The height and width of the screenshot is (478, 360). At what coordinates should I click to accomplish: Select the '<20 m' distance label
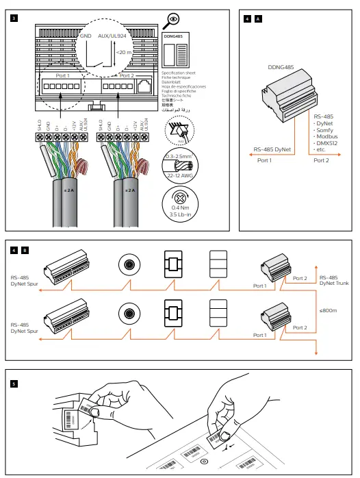[x=124, y=51]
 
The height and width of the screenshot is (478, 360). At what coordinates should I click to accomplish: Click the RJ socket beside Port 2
[x=146, y=87]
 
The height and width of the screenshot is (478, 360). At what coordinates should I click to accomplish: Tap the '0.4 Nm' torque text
[x=181, y=208]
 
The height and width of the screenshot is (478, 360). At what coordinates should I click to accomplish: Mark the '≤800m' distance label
[x=329, y=310]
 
